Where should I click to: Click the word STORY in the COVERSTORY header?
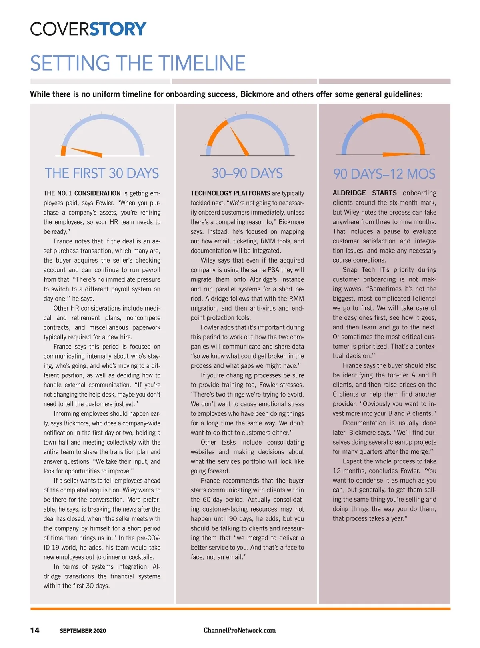pos(118,29)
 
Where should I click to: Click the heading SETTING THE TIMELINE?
pos(138,63)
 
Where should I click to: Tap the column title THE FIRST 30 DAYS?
pos(102,173)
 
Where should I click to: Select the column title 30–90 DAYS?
pos(247,173)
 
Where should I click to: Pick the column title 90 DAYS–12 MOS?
pos(384,174)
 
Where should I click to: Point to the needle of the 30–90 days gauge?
pos(239,141)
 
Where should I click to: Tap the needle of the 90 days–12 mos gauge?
pos(400,154)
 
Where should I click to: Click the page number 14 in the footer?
pos(35,630)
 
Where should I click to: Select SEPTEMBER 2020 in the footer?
pos(83,631)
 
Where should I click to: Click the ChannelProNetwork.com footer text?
pos(240,630)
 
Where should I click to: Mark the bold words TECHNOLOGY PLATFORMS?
pos(230,193)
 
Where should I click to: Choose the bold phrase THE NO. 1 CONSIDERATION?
pos(82,193)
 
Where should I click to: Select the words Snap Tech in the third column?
pos(359,270)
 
